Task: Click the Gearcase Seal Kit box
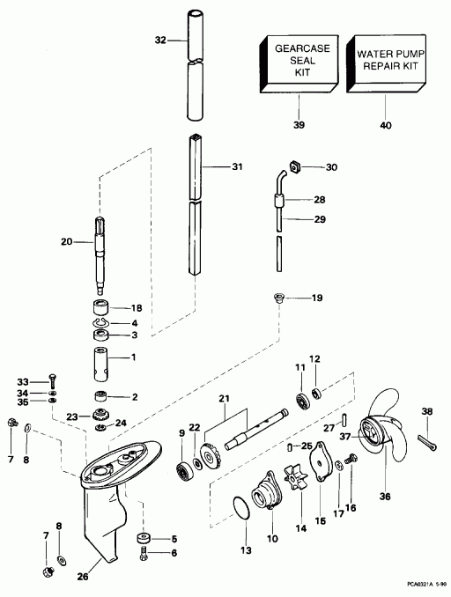(x=299, y=64)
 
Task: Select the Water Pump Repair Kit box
(x=386, y=63)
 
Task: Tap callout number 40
(x=386, y=125)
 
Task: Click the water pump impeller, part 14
(x=296, y=477)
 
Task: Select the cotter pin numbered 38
(x=427, y=441)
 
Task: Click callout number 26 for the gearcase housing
(x=83, y=577)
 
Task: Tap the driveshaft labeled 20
(x=99, y=255)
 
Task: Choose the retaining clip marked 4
(x=100, y=324)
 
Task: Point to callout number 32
(x=160, y=40)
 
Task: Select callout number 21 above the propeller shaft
(x=225, y=399)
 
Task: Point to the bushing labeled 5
(x=144, y=539)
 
